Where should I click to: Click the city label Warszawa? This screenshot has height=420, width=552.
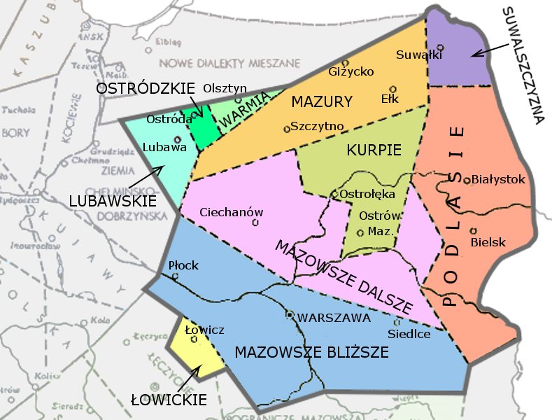coord(334,318)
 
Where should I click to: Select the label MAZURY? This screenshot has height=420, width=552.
coord(322,102)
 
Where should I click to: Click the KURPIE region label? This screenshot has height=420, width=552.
coord(374,150)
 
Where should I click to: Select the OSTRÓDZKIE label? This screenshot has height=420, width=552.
coord(146,89)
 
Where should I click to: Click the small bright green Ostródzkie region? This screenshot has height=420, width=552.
coord(203,128)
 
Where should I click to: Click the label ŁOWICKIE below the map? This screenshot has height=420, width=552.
coord(169,400)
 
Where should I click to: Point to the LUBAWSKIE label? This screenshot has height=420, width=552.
coord(113,201)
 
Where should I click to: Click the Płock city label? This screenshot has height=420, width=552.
coord(183,265)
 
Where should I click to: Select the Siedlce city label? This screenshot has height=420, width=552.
coord(409,334)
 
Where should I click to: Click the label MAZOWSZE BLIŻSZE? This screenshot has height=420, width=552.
coord(311,352)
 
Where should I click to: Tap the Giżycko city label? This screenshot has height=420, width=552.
coord(351,71)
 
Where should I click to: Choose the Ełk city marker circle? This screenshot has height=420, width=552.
coord(393,89)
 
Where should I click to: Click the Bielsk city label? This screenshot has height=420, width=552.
coord(488,242)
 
